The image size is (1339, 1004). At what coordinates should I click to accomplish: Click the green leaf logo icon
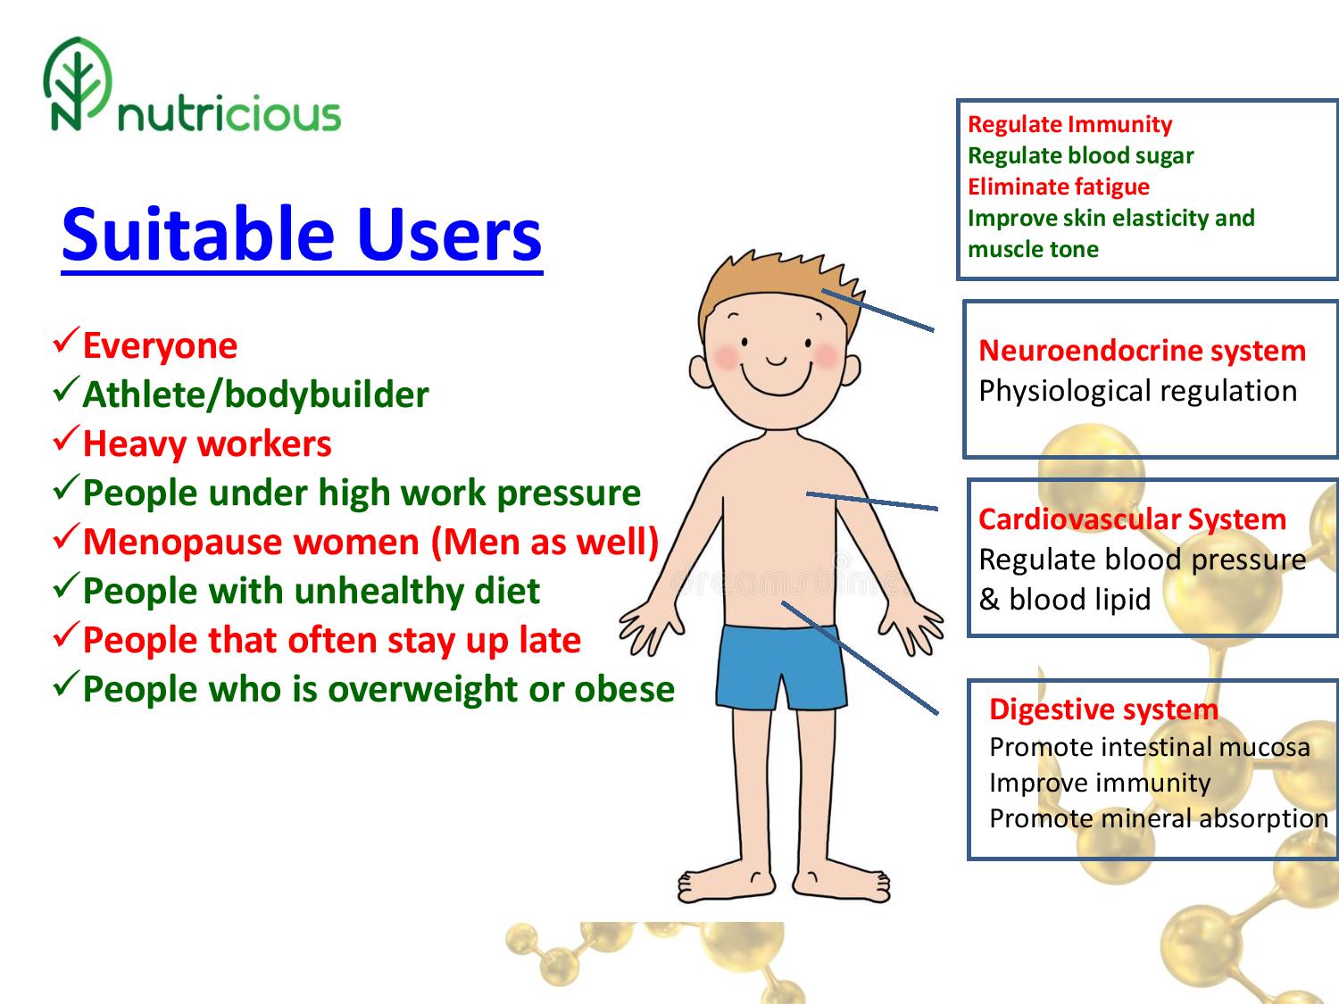tap(78, 84)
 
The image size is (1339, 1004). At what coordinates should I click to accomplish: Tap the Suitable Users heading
tap(302, 235)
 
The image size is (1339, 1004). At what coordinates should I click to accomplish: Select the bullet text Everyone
tap(160, 345)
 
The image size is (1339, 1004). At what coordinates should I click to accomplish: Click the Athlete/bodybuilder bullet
tap(255, 394)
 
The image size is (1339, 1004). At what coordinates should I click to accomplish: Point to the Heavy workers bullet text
tap(207, 444)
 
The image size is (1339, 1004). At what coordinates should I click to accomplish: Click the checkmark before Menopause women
tap(66, 535)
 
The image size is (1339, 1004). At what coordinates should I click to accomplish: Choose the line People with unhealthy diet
tap(312, 591)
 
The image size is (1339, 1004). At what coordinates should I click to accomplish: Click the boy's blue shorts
tap(780, 667)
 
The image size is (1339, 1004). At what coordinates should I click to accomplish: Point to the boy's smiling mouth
tap(777, 379)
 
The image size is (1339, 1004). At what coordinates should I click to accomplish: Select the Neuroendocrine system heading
tap(1142, 351)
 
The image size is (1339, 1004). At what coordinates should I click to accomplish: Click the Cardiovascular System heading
tap(1132, 519)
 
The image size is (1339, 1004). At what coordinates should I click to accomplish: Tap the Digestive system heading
tap(1103, 709)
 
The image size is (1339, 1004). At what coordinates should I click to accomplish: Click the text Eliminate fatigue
tap(1059, 187)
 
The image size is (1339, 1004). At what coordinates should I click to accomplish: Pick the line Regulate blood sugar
tap(1080, 155)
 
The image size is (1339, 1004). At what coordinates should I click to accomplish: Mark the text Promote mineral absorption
tap(1159, 818)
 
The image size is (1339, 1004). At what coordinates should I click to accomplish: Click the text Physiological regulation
tap(1137, 392)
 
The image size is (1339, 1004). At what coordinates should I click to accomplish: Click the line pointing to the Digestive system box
tap(860, 658)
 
